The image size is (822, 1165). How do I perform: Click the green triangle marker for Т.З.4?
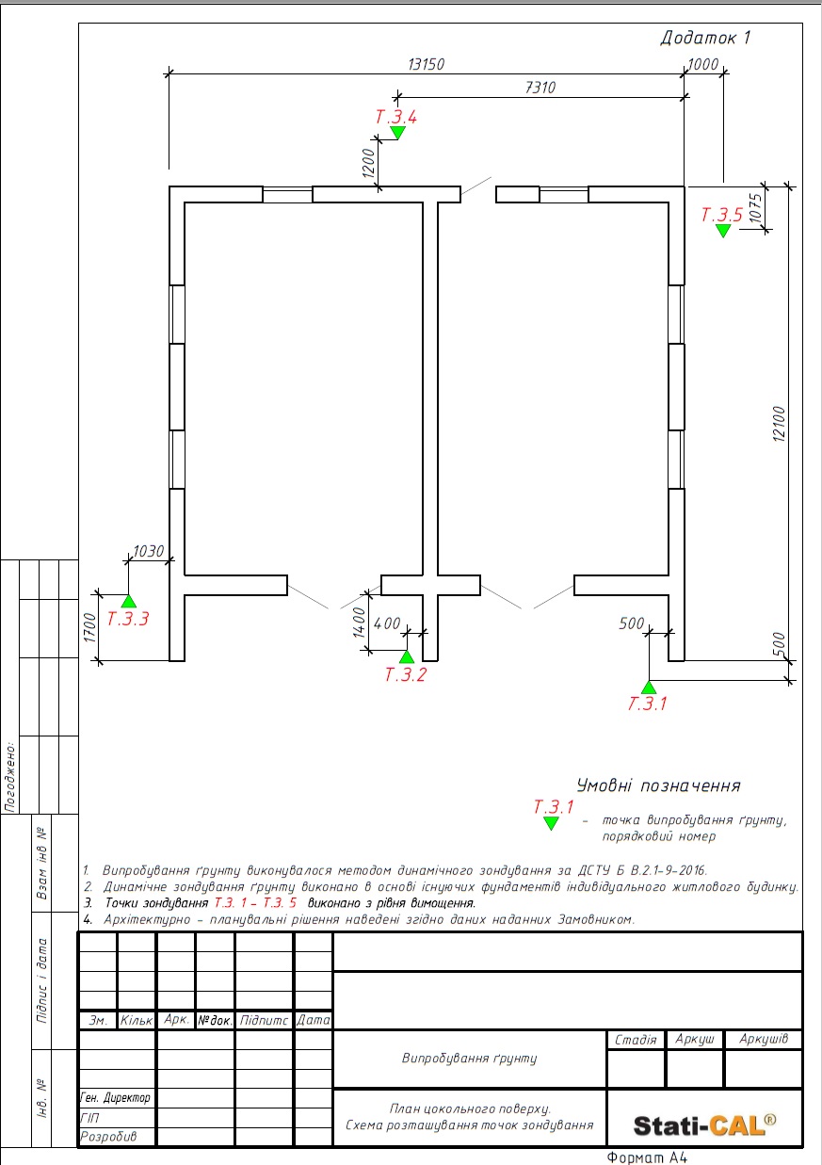[x=397, y=134]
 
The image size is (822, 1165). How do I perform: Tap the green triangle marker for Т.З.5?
[x=722, y=231]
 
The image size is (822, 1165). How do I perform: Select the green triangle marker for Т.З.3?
[x=129, y=600]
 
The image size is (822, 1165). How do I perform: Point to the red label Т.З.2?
[x=406, y=674]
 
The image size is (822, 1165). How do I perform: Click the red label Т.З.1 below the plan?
[x=647, y=703]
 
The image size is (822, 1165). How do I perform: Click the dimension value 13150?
[x=426, y=64]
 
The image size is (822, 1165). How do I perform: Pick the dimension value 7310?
[x=540, y=88]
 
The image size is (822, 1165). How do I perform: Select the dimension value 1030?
[x=149, y=552]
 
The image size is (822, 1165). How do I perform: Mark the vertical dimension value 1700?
[x=90, y=628]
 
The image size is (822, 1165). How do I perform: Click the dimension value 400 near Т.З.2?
[x=387, y=623]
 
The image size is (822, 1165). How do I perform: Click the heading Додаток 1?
[x=705, y=39]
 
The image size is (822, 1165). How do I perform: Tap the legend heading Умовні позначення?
[x=658, y=785]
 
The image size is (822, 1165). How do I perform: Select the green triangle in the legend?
[x=551, y=823]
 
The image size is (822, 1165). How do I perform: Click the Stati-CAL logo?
[x=704, y=1125]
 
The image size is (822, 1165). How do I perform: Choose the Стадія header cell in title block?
[x=635, y=1040]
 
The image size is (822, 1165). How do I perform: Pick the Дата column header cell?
[x=314, y=1020]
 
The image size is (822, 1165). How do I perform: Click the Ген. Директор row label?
[x=116, y=1098]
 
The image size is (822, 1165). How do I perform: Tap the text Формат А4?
[x=650, y=1157]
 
